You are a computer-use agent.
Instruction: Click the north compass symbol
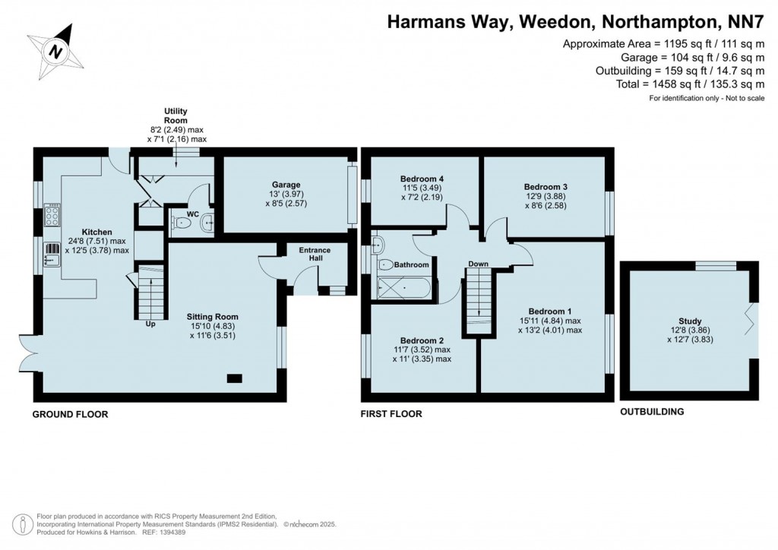54,50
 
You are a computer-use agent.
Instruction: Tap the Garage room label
286,185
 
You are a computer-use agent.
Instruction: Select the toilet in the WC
181,223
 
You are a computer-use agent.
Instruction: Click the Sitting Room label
213,317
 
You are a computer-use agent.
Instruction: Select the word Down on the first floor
478,264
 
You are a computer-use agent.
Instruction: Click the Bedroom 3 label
546,186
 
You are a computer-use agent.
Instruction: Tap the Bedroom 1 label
550,311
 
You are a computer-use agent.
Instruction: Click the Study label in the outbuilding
690,321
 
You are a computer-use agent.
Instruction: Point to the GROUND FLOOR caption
70,414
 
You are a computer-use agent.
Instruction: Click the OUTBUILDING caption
652,412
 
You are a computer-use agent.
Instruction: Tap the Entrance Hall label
314,254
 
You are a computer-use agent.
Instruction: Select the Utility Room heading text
176,115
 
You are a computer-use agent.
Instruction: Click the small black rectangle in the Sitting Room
235,378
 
